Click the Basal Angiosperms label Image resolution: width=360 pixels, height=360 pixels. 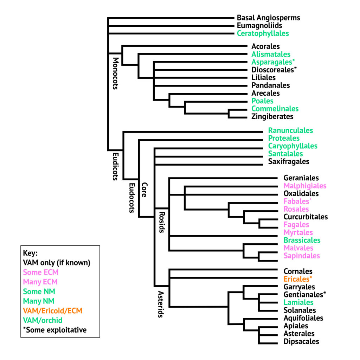click(268, 18)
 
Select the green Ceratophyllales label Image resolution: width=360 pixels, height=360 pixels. click(263, 33)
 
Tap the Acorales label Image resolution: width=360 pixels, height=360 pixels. click(266, 46)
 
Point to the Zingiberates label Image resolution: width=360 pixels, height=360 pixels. click(272, 117)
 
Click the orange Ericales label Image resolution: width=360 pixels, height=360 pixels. click(298, 279)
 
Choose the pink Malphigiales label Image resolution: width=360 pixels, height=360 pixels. click(305, 186)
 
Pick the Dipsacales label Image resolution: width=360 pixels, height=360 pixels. click(301, 342)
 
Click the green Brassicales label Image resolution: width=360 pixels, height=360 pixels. click(302, 240)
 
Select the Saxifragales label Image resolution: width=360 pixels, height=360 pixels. click(289, 162)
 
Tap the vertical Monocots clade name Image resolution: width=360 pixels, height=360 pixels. click(115, 73)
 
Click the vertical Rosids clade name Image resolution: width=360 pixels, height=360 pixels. click(162, 223)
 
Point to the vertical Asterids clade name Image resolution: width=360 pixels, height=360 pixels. click(161, 304)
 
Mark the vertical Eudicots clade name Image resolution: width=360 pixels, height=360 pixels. click(115, 167)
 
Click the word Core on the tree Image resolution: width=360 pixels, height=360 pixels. click(144, 190)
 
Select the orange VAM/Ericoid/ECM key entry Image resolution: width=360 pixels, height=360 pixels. click(53, 311)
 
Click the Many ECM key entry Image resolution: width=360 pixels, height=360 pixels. click(40, 282)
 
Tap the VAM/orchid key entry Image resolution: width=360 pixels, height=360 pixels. click(43, 321)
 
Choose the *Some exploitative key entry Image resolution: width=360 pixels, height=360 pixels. click(55, 330)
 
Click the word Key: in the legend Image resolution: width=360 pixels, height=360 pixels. click(30, 253)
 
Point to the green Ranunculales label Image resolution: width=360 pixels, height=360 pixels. click(290, 131)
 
